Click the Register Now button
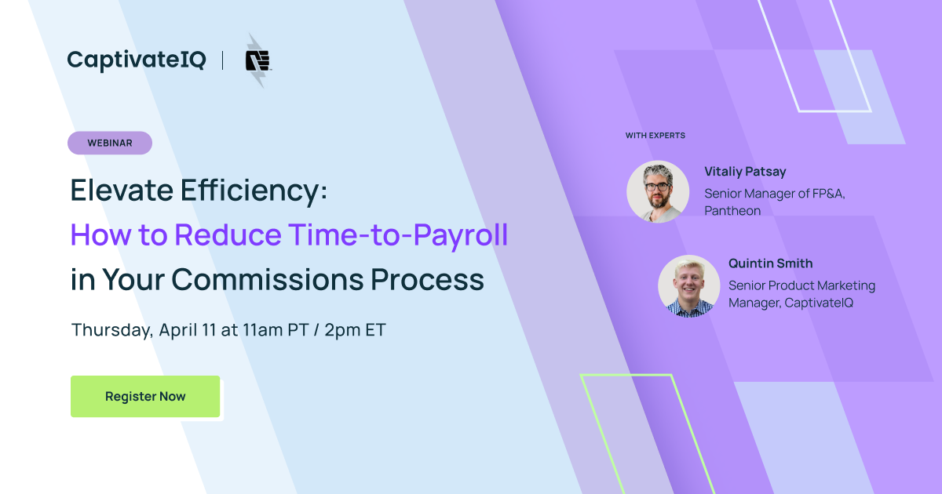145,396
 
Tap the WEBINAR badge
110,143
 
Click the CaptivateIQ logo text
136,60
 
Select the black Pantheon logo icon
257,60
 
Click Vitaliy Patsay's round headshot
658,191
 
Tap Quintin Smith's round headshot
688,285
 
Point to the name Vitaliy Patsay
745,172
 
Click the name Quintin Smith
770,263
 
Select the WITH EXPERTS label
655,136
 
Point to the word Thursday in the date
112,329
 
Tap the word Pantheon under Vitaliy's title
732,211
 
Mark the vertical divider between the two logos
223,60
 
